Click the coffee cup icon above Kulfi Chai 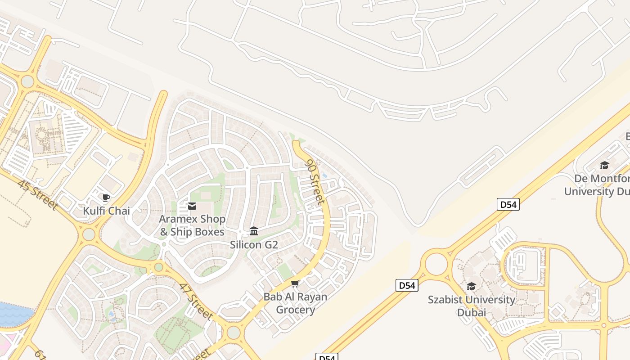coord(106,198)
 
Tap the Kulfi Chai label coord(106,211)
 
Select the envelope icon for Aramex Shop coord(192,206)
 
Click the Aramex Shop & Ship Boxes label coord(192,225)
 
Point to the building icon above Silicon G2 coord(254,231)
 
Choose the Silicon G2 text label coord(254,245)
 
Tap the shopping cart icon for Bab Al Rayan coord(295,283)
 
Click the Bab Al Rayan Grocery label coord(295,303)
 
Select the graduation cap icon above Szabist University coord(471,286)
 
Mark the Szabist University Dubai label coord(472,306)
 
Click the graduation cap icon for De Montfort coord(604,165)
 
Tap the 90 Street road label coord(315,182)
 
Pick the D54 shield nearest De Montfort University coord(508,204)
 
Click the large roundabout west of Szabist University coord(436,264)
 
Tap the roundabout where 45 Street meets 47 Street coord(89,234)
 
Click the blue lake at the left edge coord(13,314)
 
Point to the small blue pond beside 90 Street coord(324,175)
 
